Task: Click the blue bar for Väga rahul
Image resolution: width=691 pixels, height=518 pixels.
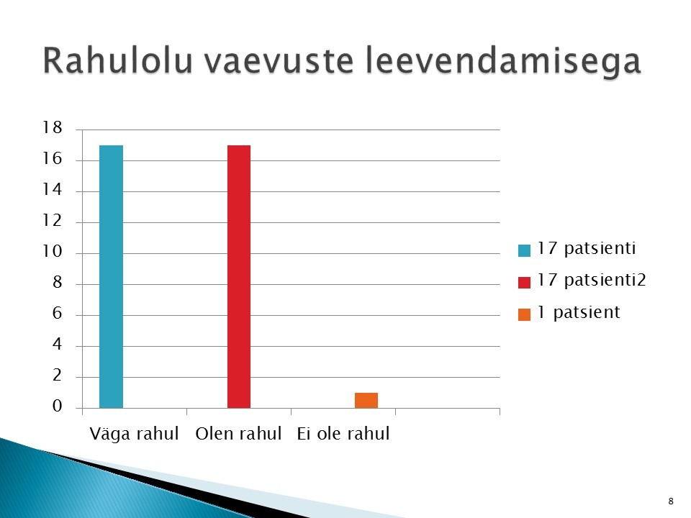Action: pyautogui.click(x=111, y=276)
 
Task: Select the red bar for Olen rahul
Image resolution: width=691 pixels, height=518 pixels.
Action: pyautogui.click(x=239, y=276)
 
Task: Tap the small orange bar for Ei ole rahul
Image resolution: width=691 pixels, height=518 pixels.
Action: pyautogui.click(x=366, y=401)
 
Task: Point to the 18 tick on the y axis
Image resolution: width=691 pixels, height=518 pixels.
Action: pyautogui.click(x=52, y=128)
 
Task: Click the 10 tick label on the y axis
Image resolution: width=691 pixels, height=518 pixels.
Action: pyautogui.click(x=52, y=252)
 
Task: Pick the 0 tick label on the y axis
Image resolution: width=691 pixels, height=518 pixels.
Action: pyautogui.click(x=58, y=406)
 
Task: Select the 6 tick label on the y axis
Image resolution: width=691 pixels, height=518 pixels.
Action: pyautogui.click(x=58, y=313)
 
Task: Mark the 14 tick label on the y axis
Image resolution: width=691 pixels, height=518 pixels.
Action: pyautogui.click(x=52, y=190)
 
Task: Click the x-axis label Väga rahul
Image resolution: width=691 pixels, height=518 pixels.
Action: pyautogui.click(x=134, y=433)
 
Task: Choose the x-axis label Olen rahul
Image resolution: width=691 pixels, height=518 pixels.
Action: pyautogui.click(x=238, y=433)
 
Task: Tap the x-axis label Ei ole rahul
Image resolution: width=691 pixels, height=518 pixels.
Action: pyautogui.click(x=343, y=433)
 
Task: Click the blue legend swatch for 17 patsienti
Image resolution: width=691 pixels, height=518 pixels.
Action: pyautogui.click(x=525, y=250)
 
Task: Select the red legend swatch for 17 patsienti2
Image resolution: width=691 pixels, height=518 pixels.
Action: pyautogui.click(x=525, y=282)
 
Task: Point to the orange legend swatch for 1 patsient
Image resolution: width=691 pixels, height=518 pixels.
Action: pyautogui.click(x=525, y=314)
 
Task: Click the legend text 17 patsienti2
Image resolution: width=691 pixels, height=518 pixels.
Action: pyautogui.click(x=592, y=280)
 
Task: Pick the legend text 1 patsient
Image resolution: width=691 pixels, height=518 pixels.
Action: pyautogui.click(x=579, y=312)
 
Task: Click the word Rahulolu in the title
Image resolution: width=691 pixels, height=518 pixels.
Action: pyautogui.click(x=117, y=60)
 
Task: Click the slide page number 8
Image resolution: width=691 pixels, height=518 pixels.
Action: pyautogui.click(x=671, y=501)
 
